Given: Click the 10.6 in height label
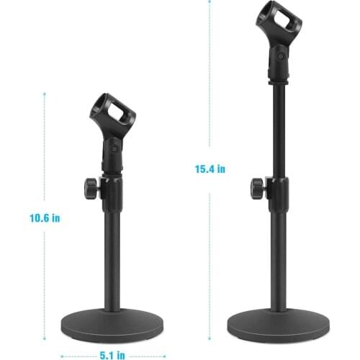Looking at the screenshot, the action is point(45,218).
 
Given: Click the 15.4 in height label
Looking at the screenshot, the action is point(210,169).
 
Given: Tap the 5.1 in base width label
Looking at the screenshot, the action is point(112,355).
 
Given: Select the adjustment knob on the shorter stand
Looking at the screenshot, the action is point(91,189).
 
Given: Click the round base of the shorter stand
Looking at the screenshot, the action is point(112,323).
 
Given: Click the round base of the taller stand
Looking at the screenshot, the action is point(279,323).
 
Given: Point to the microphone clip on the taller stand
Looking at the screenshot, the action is point(279,41).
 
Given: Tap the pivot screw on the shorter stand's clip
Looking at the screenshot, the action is point(114,149).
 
